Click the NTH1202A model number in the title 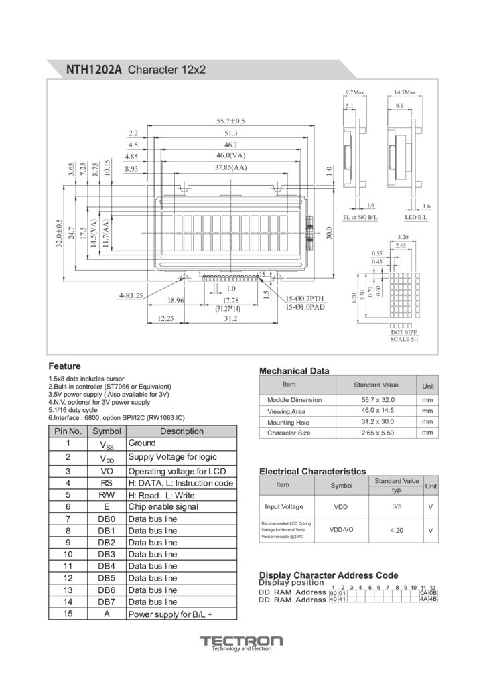(x=94, y=70)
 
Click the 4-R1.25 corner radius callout (x=131, y=295)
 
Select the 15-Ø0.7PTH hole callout (x=305, y=298)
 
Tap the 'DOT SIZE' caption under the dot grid (x=404, y=332)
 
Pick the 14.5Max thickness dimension (x=405, y=92)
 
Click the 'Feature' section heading (x=64, y=366)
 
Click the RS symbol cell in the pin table (x=107, y=483)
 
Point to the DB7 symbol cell (x=107, y=602)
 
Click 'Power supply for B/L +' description (x=170, y=614)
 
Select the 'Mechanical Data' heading (x=294, y=371)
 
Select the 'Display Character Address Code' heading (x=328, y=575)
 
